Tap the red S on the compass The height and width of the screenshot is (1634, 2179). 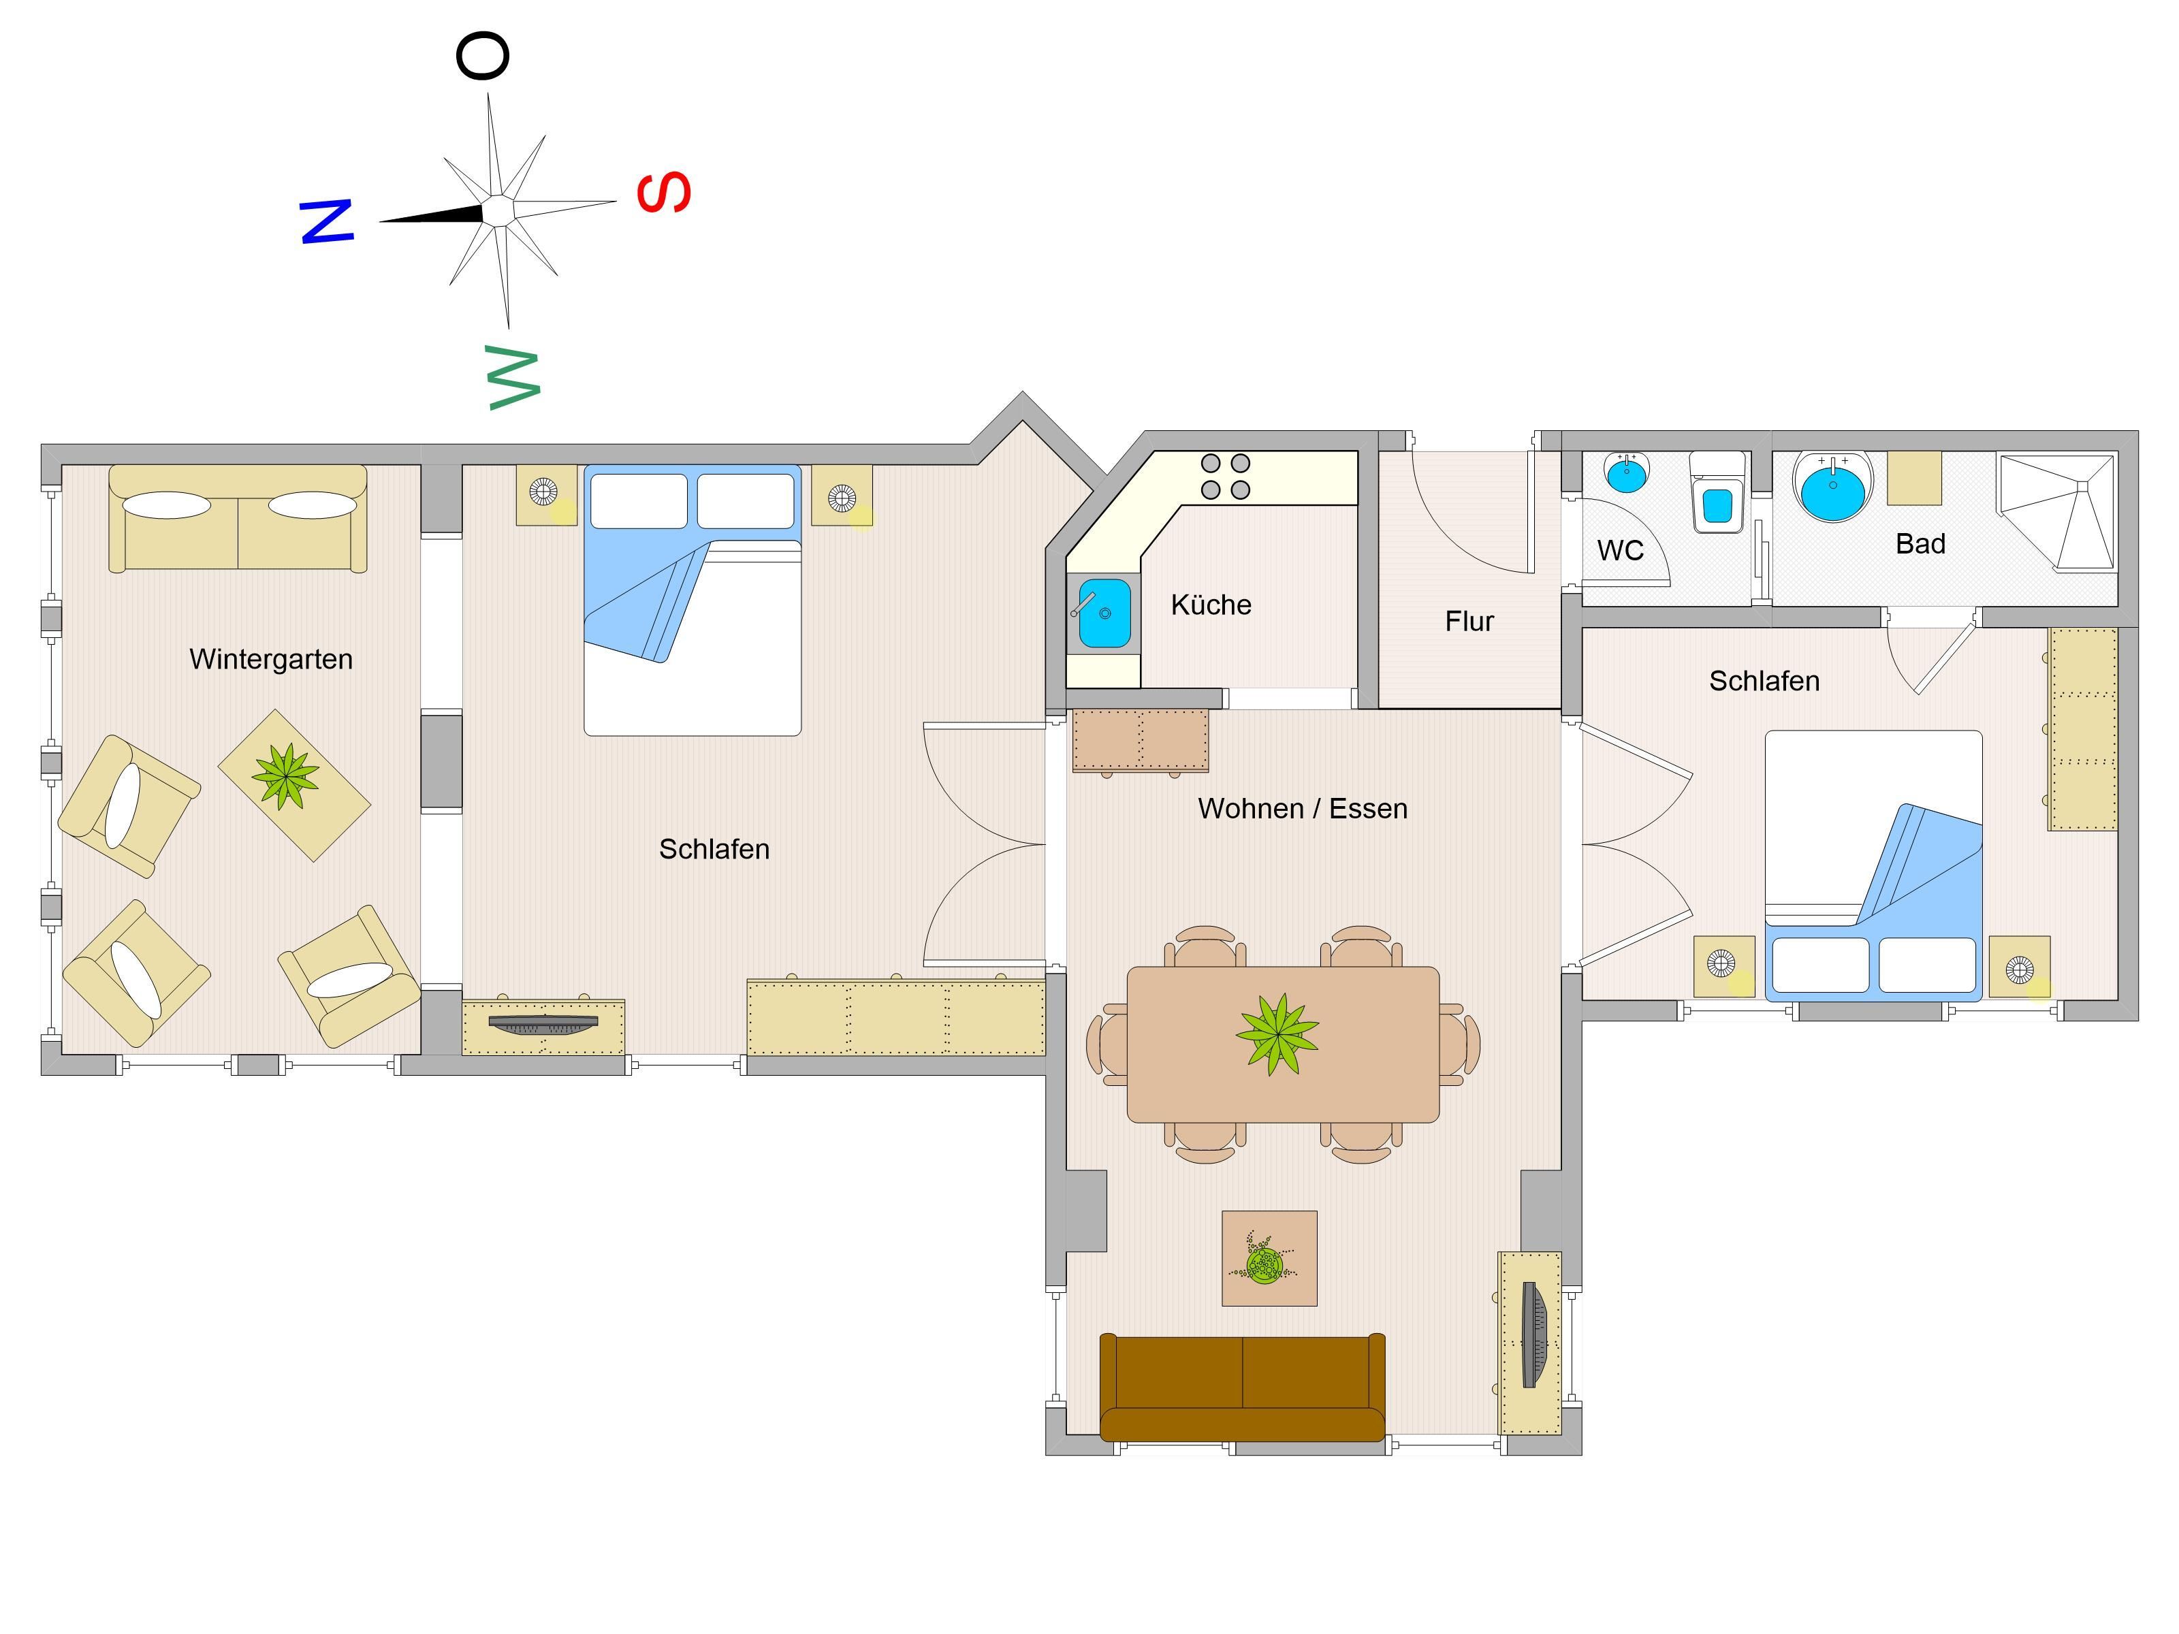(x=664, y=192)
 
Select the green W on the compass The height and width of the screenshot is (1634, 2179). (x=514, y=379)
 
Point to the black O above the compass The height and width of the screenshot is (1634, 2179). (x=483, y=55)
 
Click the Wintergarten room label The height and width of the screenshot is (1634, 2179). (x=271, y=659)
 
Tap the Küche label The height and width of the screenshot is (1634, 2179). (x=1211, y=604)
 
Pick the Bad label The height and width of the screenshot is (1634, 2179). (x=1920, y=544)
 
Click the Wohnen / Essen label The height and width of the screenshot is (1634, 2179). (x=1302, y=809)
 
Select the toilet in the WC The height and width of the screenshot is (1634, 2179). (x=1717, y=492)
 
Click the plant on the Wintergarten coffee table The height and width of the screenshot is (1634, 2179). (x=286, y=776)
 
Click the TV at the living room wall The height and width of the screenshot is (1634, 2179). (x=1533, y=1334)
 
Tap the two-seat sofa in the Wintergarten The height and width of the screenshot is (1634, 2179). (x=238, y=518)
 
